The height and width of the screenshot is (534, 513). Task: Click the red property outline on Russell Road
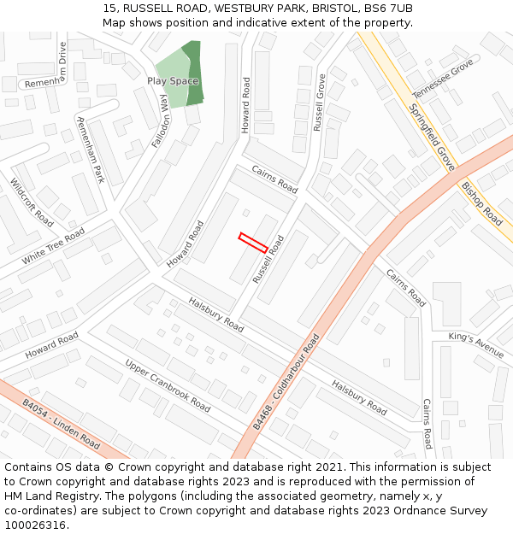[253, 243]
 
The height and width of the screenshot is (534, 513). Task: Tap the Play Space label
[173, 81]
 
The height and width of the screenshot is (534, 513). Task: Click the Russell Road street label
[268, 259]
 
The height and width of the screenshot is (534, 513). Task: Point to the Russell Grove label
[320, 102]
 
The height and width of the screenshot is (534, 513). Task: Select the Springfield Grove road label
[432, 138]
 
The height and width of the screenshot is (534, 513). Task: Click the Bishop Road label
[482, 202]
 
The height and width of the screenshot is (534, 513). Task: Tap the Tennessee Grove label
[442, 79]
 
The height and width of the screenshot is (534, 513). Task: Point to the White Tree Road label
[53, 246]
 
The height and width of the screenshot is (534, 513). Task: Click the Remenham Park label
[90, 150]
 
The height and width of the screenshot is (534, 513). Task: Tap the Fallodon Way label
[160, 122]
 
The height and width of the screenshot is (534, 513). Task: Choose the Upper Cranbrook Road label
[168, 385]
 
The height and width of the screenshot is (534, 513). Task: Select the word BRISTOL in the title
[310, 9]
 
